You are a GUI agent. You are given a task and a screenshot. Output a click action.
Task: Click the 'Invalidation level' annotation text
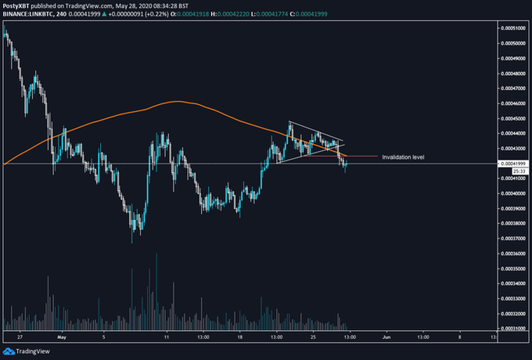tap(403, 157)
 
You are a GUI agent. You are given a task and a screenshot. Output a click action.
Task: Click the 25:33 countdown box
tap(518, 170)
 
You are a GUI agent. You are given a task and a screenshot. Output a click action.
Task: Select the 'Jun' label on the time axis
tap(386, 336)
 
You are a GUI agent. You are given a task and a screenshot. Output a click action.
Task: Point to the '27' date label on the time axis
tap(20, 336)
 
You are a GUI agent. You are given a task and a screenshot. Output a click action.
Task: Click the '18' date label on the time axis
tap(240, 336)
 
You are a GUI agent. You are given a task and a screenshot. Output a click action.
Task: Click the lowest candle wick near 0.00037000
tap(133, 242)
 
